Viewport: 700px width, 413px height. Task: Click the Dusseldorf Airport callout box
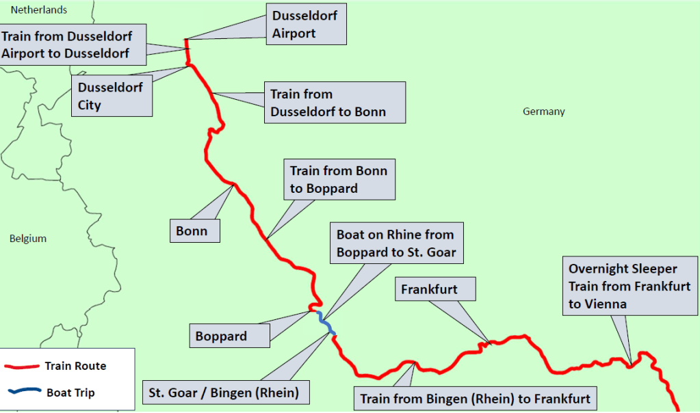point(305,24)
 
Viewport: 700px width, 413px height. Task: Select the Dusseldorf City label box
point(112,96)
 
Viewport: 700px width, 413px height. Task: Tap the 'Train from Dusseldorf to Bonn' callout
point(335,103)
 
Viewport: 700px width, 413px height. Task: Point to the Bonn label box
point(195,230)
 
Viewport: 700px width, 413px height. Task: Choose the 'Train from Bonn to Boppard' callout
point(339,179)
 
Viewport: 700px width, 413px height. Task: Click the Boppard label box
point(229,336)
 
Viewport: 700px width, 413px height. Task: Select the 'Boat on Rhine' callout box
point(396,243)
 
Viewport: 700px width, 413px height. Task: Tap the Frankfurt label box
point(436,289)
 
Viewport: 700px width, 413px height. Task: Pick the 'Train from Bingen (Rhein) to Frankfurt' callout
point(475,398)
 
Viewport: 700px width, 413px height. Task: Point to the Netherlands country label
point(38,10)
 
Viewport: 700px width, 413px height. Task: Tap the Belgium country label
point(28,239)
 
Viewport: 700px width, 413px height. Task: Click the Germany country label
point(544,111)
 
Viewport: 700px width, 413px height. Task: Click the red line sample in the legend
point(22,367)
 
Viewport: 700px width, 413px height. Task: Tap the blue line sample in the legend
point(22,392)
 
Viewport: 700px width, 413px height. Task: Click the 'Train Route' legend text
point(75,366)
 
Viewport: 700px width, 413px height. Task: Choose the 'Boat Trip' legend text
point(70,392)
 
